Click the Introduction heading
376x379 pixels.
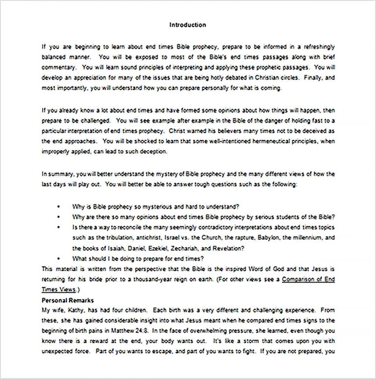point(188,25)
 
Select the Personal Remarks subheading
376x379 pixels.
point(68,300)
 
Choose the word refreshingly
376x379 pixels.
point(319,47)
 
